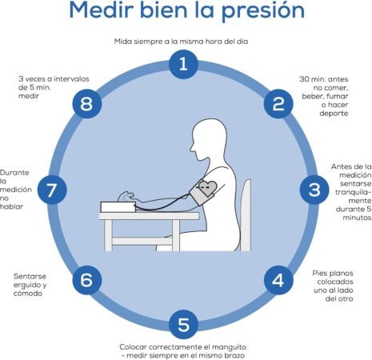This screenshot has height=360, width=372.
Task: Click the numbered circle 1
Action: coord(183,64)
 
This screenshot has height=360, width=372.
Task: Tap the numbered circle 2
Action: coord(278,104)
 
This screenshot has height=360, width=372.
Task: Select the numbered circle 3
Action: coord(314,190)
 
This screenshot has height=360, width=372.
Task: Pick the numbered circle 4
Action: coord(278,280)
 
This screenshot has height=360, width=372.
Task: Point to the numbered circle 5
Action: coord(183,324)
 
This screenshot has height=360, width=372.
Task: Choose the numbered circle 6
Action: coord(87,280)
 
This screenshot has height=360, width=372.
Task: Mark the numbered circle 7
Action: coord(52,190)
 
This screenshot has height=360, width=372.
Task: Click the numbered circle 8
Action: coord(87,104)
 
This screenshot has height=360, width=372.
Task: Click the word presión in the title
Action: coord(263,11)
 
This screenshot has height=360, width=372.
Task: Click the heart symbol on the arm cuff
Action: coord(208,188)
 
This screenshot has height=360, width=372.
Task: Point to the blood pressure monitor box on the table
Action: coord(118,207)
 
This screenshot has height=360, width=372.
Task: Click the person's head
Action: coord(209,139)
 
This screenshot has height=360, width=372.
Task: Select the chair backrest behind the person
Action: coord(246,215)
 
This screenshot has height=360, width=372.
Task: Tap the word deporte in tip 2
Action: coord(334,114)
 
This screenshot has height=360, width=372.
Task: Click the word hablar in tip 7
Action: coord(11,206)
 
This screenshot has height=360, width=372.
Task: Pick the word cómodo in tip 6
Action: coord(28,294)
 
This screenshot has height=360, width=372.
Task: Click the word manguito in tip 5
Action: coord(229,347)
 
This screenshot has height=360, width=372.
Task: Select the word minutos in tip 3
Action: coord(357,218)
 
